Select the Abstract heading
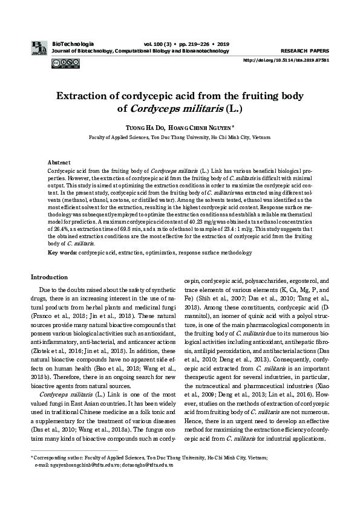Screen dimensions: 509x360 pos(59,163)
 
